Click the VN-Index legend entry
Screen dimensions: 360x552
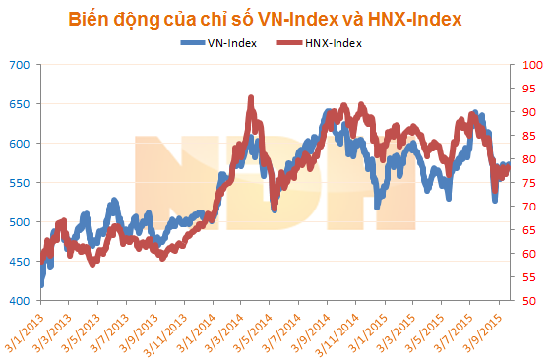(226, 43)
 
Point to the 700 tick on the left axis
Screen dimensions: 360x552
(21, 65)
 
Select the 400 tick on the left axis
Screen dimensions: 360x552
(21, 301)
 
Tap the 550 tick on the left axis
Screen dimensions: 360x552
(21, 183)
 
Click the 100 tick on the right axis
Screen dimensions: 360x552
(528, 65)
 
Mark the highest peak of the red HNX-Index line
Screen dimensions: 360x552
(252, 98)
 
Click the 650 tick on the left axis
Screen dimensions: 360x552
(21, 104)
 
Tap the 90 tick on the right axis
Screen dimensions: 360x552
(525, 112)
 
